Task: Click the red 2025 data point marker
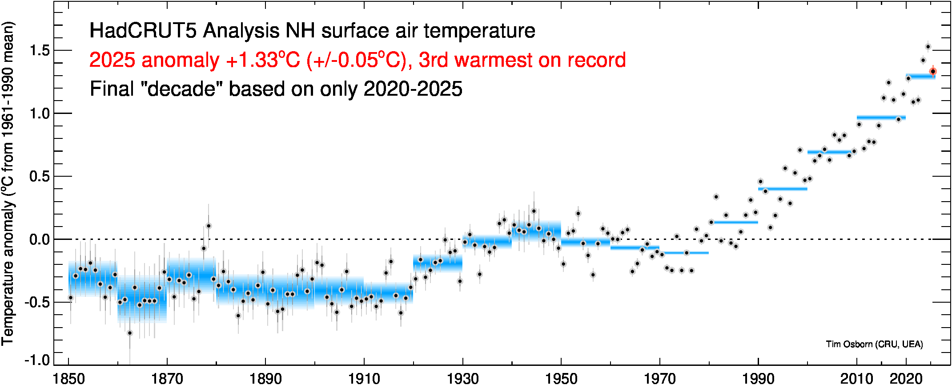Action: (933, 71)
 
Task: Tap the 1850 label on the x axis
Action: (68, 378)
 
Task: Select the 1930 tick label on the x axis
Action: (463, 378)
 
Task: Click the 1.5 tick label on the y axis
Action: (40, 50)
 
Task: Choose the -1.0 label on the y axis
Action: (37, 360)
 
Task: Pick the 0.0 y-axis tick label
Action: (40, 239)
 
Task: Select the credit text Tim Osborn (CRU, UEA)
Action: (874, 344)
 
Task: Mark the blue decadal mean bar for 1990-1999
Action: (783, 189)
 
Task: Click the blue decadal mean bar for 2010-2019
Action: (881, 118)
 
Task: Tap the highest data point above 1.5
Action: (928, 47)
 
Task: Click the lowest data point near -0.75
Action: (130, 333)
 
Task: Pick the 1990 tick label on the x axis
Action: (758, 378)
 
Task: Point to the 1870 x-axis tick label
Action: (167, 378)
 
